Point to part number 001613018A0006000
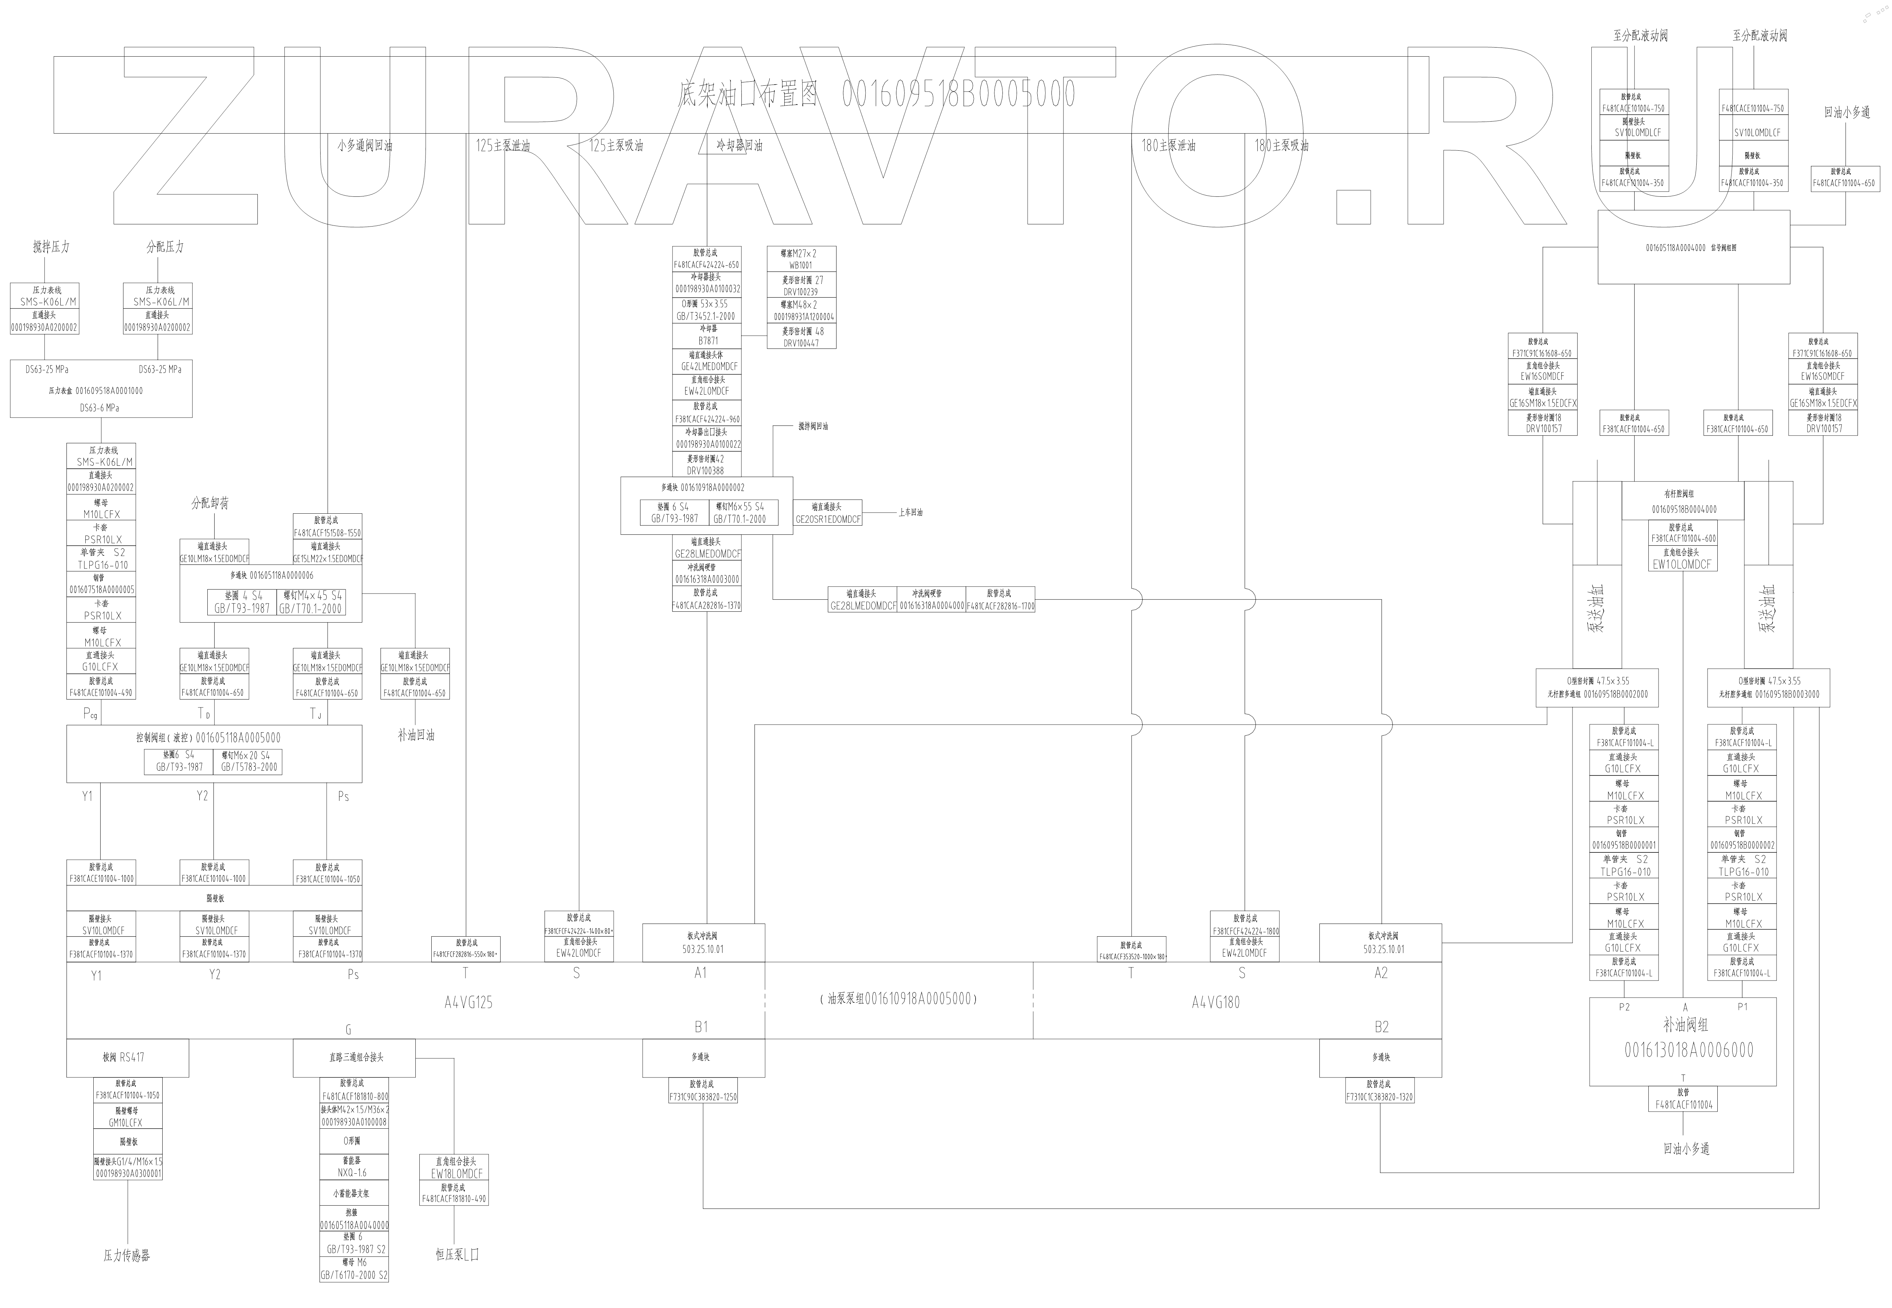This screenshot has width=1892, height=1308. point(1689,1050)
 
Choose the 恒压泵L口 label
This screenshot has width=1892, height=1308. point(457,1254)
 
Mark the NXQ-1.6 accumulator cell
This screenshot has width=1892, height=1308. point(354,1173)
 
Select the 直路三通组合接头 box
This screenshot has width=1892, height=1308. point(354,1057)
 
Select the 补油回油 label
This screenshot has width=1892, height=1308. point(415,735)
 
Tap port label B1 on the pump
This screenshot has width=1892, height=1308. point(701,1026)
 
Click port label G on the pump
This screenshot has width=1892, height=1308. point(348,1029)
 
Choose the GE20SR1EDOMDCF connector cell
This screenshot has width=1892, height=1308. point(827,519)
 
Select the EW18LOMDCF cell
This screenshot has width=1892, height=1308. point(456,1174)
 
